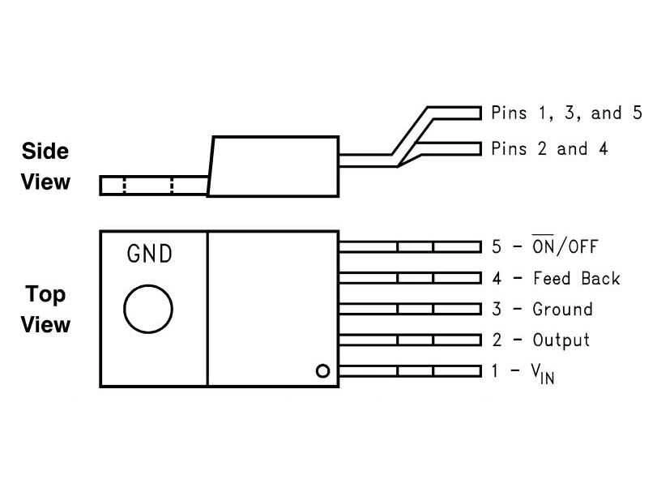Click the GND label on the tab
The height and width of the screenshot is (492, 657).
(150, 254)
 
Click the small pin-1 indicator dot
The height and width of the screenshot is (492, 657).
(322, 371)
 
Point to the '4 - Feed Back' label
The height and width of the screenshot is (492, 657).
(555, 278)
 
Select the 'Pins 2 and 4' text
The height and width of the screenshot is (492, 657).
(549, 148)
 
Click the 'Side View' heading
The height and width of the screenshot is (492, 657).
(45, 166)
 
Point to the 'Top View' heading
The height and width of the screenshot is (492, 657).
(45, 309)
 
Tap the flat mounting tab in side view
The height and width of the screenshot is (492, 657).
(153, 185)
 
